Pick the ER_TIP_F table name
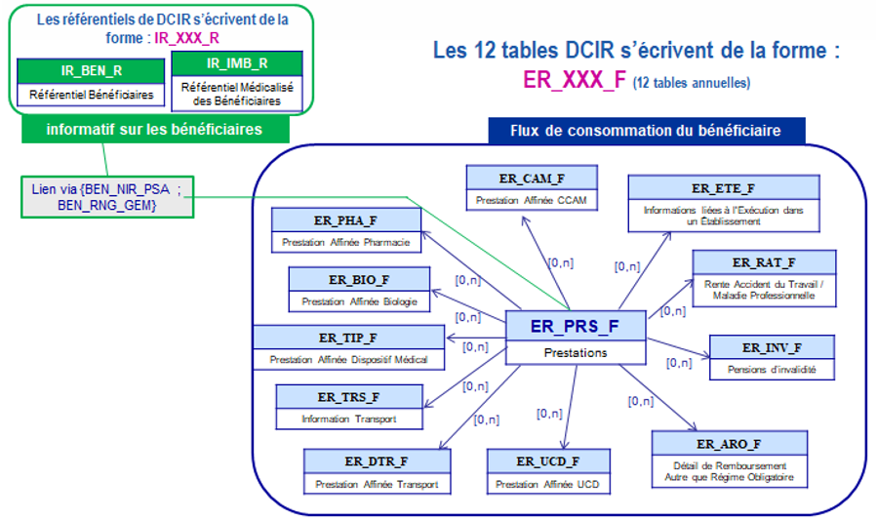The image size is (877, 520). (x=347, y=338)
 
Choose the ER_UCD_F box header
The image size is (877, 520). (x=549, y=460)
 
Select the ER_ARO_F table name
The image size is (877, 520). (x=729, y=444)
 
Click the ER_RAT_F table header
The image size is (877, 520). (x=764, y=262)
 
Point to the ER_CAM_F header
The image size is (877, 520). (x=531, y=178)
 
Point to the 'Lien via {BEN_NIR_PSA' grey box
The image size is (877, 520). (x=105, y=197)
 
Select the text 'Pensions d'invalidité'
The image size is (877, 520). (x=771, y=370)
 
